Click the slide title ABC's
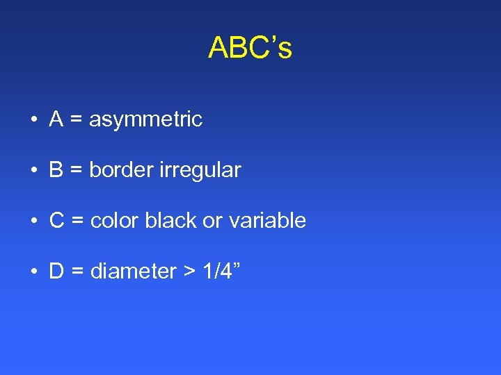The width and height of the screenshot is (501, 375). point(250,48)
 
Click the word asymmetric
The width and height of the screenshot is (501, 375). point(145,119)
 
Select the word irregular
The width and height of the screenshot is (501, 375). point(200,170)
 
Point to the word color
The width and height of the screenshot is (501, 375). point(115,221)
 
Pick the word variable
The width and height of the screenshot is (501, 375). point(264,221)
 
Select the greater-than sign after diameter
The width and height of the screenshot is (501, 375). point(189,272)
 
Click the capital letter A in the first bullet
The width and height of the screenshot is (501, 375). point(56,119)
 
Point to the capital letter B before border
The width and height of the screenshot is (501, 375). point(56,170)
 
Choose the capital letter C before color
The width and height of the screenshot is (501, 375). point(57,221)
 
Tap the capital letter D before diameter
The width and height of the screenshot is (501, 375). point(57,272)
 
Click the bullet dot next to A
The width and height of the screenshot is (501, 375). point(33,120)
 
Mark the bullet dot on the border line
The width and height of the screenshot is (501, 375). point(33,171)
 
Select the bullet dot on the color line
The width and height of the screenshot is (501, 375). point(33,222)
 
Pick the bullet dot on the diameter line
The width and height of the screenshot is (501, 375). point(33,272)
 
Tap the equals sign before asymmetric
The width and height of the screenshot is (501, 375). point(77,120)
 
